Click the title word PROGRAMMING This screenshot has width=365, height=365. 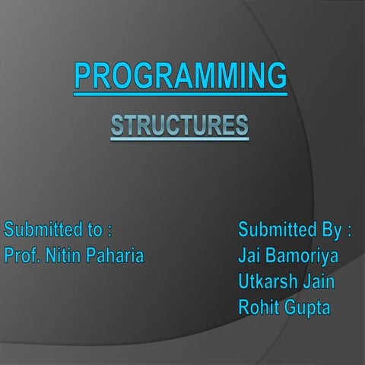click(180, 77)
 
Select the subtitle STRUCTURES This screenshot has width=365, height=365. click(179, 125)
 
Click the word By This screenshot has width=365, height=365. click(330, 229)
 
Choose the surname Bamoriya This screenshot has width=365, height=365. click(303, 255)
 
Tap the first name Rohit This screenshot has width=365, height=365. click(259, 308)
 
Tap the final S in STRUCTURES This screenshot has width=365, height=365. click(241, 125)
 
